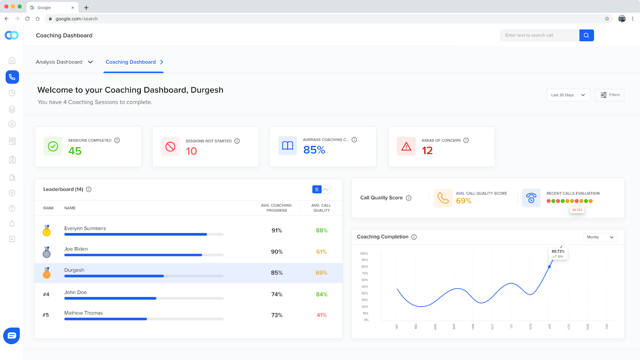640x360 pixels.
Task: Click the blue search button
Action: pyautogui.click(x=586, y=35)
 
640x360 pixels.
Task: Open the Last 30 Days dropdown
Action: pyautogui.click(x=568, y=95)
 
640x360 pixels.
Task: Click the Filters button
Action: pyautogui.click(x=610, y=95)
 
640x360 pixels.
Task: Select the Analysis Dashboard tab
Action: pyautogui.click(x=64, y=62)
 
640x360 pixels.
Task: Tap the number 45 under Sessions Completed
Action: pyautogui.click(x=75, y=151)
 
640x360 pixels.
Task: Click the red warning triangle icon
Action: pyautogui.click(x=406, y=146)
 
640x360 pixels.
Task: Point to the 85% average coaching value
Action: pyautogui.click(x=314, y=150)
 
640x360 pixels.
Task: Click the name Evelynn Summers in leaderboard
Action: pyautogui.click(x=85, y=228)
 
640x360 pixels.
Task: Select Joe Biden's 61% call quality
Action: pyautogui.click(x=321, y=252)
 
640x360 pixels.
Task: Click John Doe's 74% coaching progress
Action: pyautogui.click(x=277, y=294)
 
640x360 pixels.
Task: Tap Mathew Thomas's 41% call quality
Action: pyautogui.click(x=322, y=315)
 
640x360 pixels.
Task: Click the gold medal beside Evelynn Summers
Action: pyautogui.click(x=47, y=231)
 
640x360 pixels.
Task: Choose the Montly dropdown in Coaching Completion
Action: pyautogui.click(x=600, y=237)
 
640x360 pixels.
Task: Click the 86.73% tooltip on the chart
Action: pyautogui.click(x=558, y=254)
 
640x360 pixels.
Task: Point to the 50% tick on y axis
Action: pyautogui.click(x=364, y=286)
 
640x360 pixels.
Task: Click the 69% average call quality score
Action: pyautogui.click(x=464, y=201)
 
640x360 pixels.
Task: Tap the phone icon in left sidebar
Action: pyautogui.click(x=12, y=77)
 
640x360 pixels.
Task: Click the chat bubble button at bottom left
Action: pyautogui.click(x=12, y=336)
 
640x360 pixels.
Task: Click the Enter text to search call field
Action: pyautogui.click(x=539, y=35)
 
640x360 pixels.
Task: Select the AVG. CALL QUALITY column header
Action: pyautogui.click(x=321, y=208)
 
